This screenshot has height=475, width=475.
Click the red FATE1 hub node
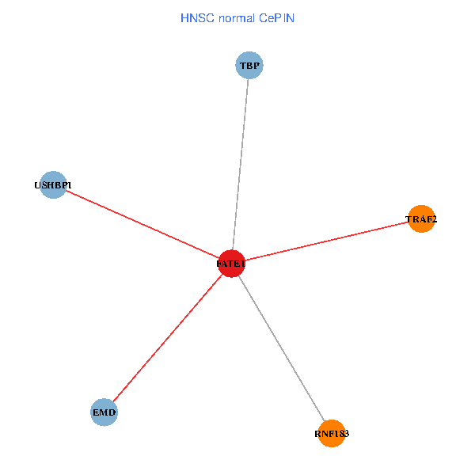click(x=231, y=264)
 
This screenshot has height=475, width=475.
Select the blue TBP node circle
click(x=249, y=65)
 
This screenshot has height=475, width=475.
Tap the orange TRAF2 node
click(x=422, y=218)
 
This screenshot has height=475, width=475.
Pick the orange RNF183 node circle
click(x=332, y=433)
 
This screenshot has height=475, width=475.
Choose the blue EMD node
click(x=104, y=412)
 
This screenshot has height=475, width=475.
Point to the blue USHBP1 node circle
click(x=53, y=184)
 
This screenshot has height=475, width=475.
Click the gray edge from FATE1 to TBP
click(x=240, y=165)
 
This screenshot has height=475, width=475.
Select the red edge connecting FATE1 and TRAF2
click(x=326, y=241)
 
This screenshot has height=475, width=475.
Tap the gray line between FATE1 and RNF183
click(x=281, y=348)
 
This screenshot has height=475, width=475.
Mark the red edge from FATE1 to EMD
click(x=168, y=338)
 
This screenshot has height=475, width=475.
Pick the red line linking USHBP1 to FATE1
click(x=142, y=224)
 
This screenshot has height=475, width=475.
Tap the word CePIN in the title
click(x=276, y=17)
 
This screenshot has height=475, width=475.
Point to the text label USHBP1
click(x=53, y=185)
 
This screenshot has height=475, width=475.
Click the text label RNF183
click(x=332, y=434)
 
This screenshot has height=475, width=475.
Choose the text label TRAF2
click(x=421, y=219)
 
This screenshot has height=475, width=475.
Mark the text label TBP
click(x=249, y=66)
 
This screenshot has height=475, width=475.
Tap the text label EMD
click(x=104, y=412)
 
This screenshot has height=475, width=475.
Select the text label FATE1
click(x=231, y=264)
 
